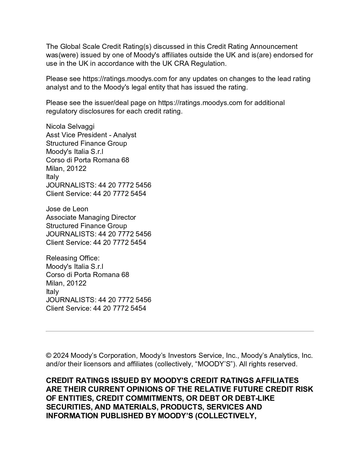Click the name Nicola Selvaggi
tap(70, 127)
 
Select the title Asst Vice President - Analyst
tap(91, 135)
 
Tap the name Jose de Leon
tap(67, 209)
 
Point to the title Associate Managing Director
tap(91, 217)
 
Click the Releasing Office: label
tap(73, 258)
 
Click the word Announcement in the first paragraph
tap(274, 47)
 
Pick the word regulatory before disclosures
tap(62, 111)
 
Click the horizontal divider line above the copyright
tap(180, 331)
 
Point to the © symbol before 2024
tap(48, 356)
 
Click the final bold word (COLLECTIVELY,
tap(226, 416)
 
